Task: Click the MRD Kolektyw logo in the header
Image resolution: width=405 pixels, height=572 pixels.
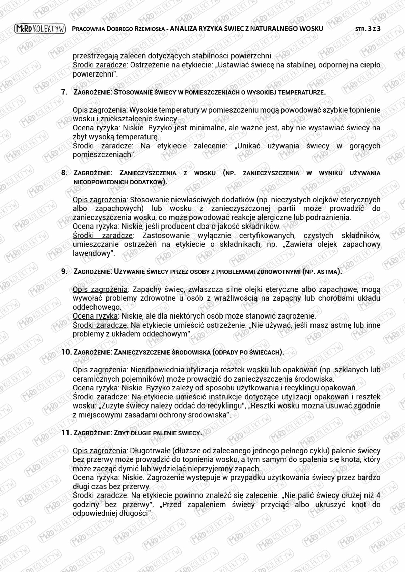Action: tap(40, 29)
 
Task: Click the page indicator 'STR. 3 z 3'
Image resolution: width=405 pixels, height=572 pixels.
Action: tap(368, 29)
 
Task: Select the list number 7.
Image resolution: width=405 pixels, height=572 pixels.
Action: tap(64, 92)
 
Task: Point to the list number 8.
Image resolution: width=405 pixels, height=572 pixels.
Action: tap(64, 173)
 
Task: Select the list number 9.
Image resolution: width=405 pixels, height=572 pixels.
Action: tap(64, 271)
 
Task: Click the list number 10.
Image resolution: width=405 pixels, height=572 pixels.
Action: tap(66, 352)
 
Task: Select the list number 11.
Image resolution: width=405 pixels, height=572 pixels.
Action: tap(66, 433)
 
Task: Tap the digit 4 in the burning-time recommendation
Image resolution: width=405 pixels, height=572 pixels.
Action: tap(378, 495)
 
